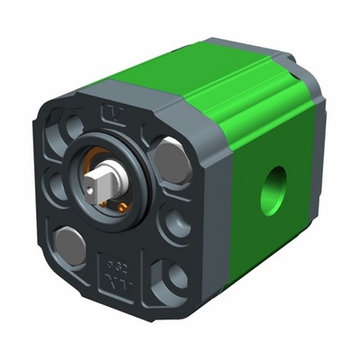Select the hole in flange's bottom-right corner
click(171, 278)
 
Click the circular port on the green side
click(273, 191)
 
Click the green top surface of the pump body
click(198, 76)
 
